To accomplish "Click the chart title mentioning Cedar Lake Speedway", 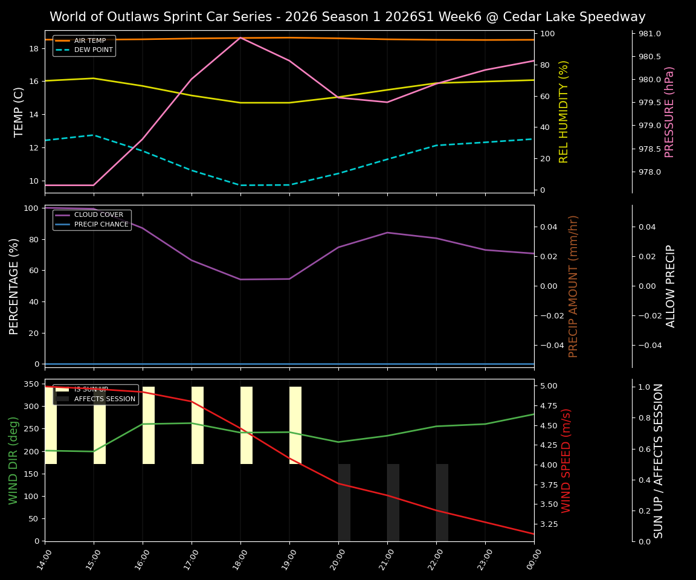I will [347, 17].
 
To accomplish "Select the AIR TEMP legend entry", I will [89, 40].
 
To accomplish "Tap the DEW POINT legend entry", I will [93, 50].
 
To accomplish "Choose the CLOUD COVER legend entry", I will [98, 215].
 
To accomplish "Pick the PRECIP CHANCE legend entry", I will [101, 225].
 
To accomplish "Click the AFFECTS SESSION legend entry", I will [105, 399].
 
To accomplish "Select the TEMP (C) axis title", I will [19, 112].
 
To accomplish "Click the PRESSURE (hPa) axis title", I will [669, 112].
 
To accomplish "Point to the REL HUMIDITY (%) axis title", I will [564, 112].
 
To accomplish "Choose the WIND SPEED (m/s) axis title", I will [566, 460].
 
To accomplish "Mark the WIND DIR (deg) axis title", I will [13, 460].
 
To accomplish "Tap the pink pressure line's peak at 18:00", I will [240, 37].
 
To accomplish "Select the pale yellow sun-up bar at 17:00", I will [198, 425].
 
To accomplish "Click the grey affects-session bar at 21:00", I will [393, 503].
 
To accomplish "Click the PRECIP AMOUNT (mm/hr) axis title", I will [574, 286].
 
